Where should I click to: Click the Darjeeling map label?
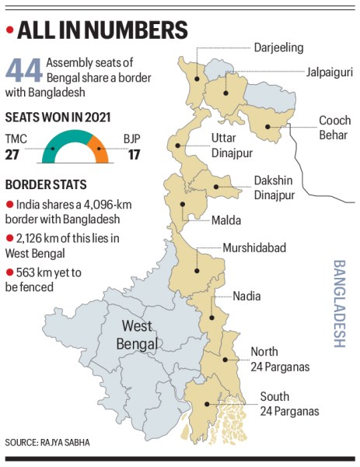pyautogui.click(x=278, y=48)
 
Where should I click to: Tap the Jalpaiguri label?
pyautogui.click(x=326, y=71)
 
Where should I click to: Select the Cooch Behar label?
pyautogui.click(x=336, y=128)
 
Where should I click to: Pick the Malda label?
pyautogui.click(x=226, y=220)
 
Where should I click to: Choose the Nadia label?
pyautogui.click(x=247, y=297)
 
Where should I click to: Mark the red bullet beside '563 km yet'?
pyautogui.click(x=9, y=272)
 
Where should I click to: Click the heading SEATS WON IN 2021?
pyautogui.click(x=58, y=117)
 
